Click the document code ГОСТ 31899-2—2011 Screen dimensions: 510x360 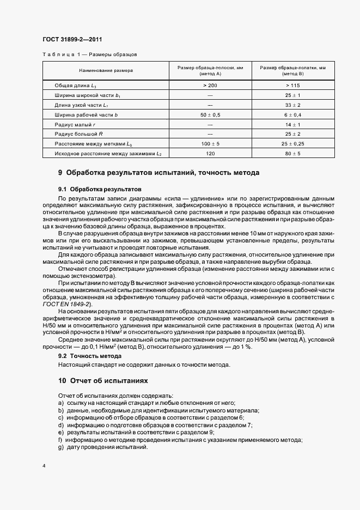(72, 40)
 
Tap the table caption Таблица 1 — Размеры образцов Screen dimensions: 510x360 (89, 54)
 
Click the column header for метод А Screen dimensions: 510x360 (210, 71)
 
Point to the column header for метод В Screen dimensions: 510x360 (292, 71)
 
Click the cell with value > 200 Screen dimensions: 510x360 (210, 86)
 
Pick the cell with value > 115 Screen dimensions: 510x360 (292, 86)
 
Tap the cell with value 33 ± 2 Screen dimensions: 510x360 (292, 105)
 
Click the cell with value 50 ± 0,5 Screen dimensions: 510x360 (210, 115)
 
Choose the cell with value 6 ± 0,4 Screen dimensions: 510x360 (292, 115)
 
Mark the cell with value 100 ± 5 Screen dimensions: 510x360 (210, 144)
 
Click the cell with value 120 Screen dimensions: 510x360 (210, 154)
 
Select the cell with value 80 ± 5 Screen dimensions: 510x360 (292, 154)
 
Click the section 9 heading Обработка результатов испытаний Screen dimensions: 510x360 (158, 173)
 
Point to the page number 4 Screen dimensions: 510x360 (44, 466)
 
